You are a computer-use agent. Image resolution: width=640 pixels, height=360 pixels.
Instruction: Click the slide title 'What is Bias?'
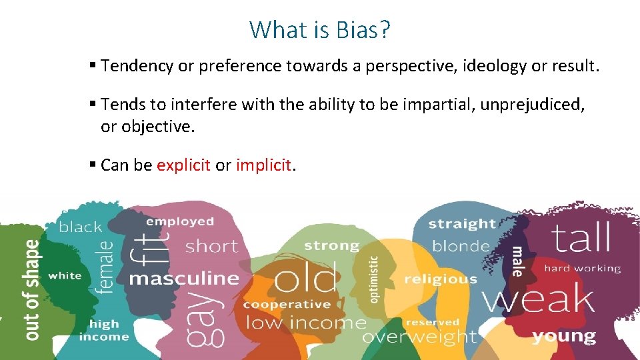pyautogui.click(x=320, y=29)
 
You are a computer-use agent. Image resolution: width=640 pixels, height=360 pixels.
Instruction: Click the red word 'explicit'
pyautogui.click(x=183, y=165)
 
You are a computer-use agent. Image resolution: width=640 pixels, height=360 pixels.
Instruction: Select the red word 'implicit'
pyautogui.click(x=263, y=165)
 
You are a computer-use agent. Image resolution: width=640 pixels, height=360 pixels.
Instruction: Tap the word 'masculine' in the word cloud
pyautogui.click(x=183, y=278)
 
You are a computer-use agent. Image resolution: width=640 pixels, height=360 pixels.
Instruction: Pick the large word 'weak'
pyautogui.click(x=538, y=299)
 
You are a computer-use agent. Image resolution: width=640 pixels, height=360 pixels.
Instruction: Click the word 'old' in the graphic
pyautogui.click(x=305, y=279)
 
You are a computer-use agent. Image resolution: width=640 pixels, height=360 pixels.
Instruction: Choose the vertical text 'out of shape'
pyautogui.click(x=31, y=290)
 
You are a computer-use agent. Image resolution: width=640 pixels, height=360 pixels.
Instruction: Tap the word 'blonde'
pyautogui.click(x=461, y=246)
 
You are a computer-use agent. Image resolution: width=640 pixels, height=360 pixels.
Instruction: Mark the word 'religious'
pyautogui.click(x=441, y=279)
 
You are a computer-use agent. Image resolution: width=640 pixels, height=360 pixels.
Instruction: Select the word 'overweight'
pyautogui.click(x=419, y=337)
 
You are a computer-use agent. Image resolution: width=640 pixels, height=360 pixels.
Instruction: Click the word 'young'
pyautogui.click(x=564, y=335)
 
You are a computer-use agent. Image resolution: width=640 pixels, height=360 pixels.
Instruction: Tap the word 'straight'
pyautogui.click(x=462, y=224)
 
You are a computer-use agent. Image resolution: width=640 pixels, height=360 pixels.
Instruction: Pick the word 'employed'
pyautogui.click(x=180, y=221)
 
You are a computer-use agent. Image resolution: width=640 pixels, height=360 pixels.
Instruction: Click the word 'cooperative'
pyautogui.click(x=287, y=305)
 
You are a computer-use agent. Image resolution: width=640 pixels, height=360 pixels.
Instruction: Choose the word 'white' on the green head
pyautogui.click(x=65, y=275)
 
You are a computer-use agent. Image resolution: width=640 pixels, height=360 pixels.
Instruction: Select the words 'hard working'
pyautogui.click(x=582, y=269)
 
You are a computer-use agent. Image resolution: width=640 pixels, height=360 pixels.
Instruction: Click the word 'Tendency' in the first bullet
pyautogui.click(x=137, y=66)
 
